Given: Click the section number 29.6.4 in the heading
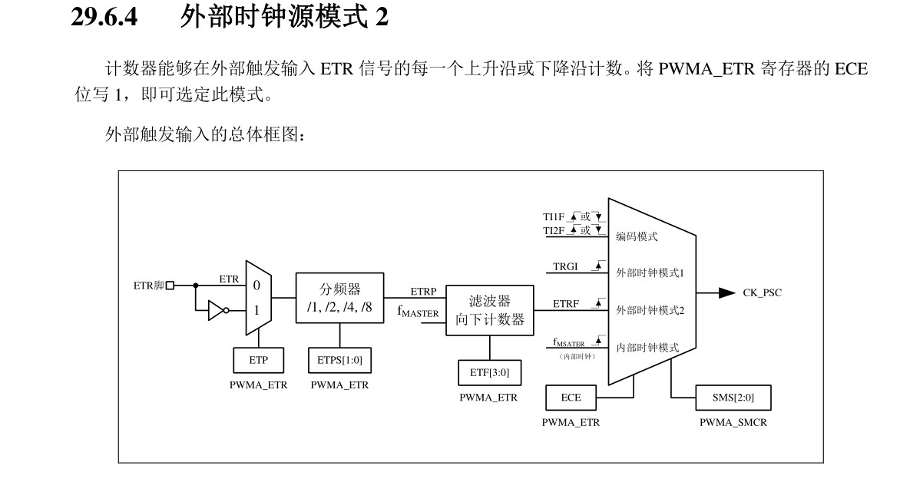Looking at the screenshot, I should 104,18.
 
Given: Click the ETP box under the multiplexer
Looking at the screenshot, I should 258,359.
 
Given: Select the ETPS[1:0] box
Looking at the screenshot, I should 339,359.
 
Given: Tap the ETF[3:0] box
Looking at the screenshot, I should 489,372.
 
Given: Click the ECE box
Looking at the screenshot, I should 571,398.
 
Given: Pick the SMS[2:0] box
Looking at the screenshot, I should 732,398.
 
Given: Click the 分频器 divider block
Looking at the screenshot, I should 339,296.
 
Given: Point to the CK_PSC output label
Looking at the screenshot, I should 762,292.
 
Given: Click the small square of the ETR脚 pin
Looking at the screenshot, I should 170,286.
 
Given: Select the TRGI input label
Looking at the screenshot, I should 566,266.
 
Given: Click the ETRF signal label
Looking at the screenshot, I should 566,304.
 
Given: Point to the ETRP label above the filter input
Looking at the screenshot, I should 423,292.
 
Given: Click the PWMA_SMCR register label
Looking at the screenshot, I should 732,423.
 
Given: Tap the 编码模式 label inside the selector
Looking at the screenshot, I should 637,237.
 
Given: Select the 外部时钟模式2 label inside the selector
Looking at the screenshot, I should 650,310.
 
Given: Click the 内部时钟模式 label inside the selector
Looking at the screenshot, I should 647,348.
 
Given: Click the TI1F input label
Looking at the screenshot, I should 554,217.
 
